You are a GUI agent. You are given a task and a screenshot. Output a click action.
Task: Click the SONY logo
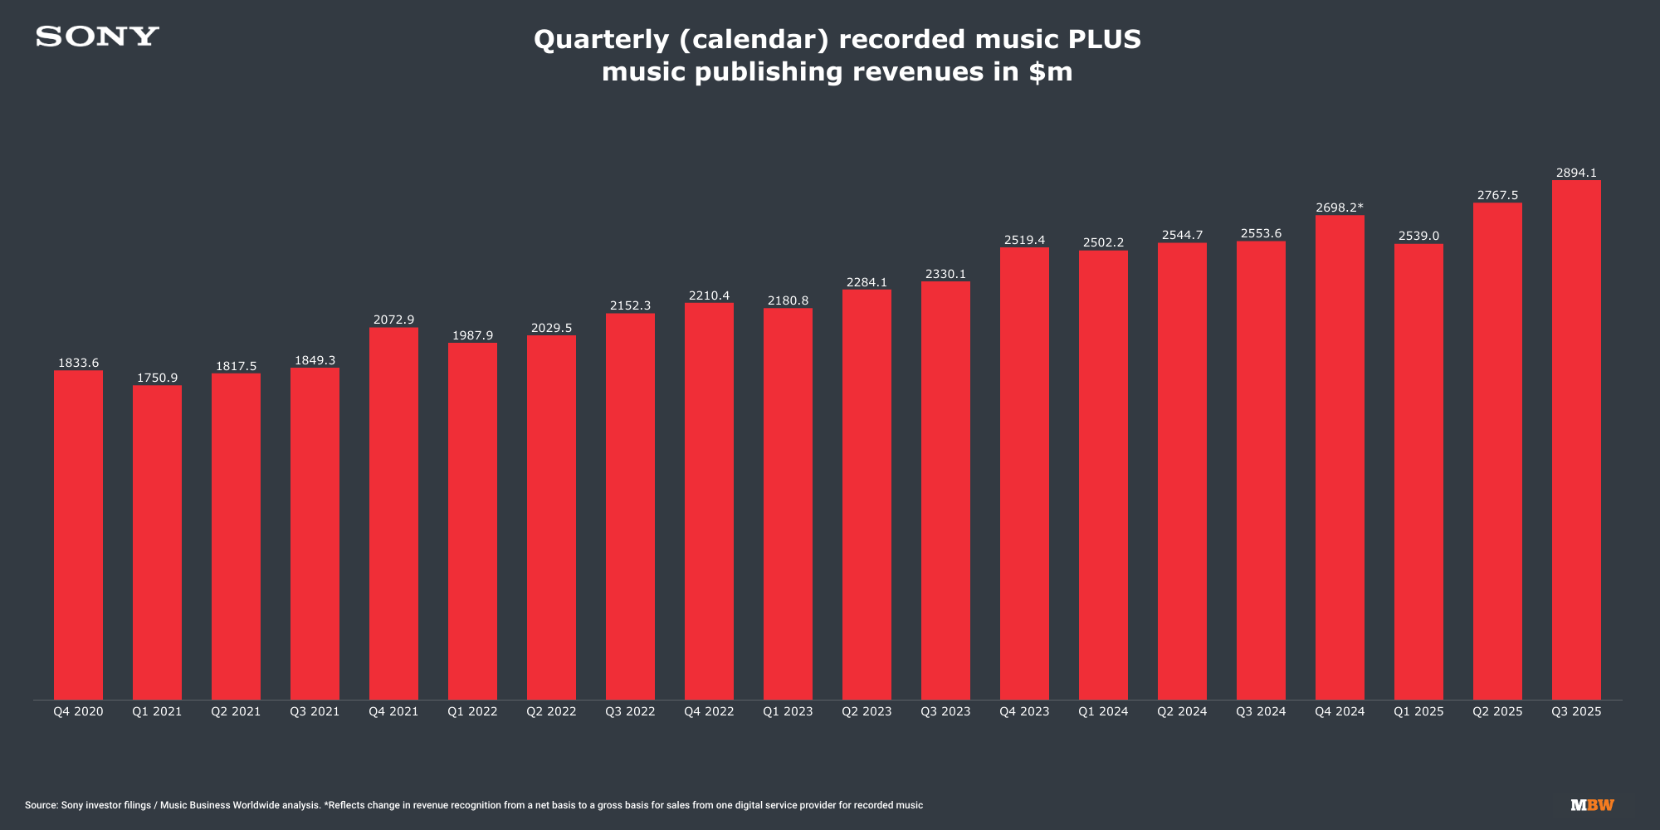tap(97, 37)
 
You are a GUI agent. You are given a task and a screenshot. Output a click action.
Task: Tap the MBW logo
tap(1592, 805)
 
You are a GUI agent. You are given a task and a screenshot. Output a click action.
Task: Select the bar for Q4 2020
tap(78, 535)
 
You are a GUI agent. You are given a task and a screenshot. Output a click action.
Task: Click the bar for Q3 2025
tap(1576, 440)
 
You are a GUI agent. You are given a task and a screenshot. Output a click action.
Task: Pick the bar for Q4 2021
tap(393, 514)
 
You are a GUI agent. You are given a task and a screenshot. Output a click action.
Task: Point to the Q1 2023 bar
tap(788, 504)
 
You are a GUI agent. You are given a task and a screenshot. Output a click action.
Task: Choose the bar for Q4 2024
tap(1340, 457)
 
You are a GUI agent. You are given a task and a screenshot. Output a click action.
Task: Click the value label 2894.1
tap(1576, 173)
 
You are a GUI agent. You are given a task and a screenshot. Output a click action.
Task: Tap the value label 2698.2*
tap(1340, 207)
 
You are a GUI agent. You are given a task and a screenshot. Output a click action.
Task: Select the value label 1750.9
tap(157, 378)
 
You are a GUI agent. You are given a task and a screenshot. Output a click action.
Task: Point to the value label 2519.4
tap(1024, 240)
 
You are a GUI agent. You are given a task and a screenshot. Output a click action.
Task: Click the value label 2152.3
tap(630, 305)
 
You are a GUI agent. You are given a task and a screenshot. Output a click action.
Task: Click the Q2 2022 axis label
tap(551, 711)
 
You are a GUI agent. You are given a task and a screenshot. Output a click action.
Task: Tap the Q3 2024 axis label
tap(1261, 711)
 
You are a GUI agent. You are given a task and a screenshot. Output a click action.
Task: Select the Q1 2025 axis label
tap(1418, 711)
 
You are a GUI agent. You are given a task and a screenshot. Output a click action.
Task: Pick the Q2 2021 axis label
tap(236, 711)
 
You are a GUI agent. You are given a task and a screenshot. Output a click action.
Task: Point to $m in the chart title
tap(1050, 72)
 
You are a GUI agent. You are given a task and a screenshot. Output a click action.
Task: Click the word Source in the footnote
tap(40, 805)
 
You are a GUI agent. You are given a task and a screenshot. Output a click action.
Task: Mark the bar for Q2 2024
tap(1182, 471)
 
